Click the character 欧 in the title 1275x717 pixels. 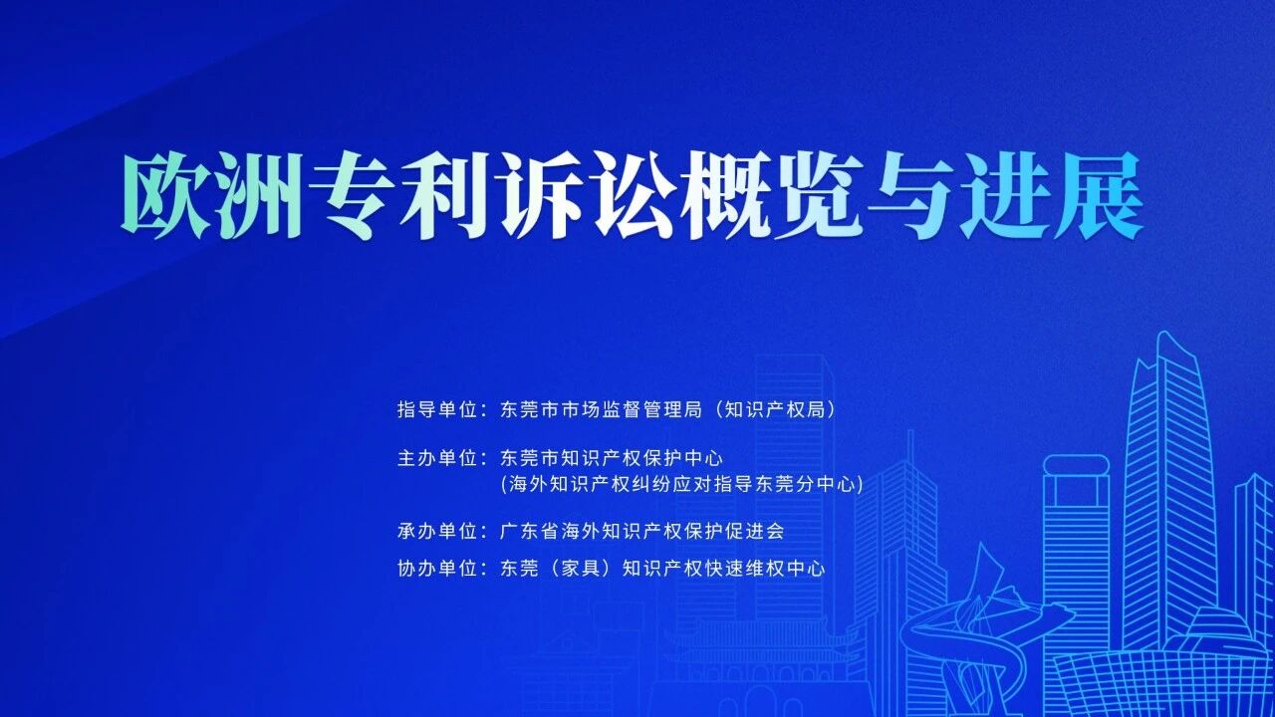(x=165, y=196)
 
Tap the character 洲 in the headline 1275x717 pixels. (x=259, y=196)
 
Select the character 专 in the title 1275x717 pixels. (x=352, y=196)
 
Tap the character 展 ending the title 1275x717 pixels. (x=1098, y=196)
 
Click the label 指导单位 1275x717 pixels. (x=437, y=409)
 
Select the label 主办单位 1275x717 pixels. (x=437, y=459)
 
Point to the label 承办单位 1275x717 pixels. (x=437, y=532)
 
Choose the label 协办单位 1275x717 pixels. (x=437, y=569)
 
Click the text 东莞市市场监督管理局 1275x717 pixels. (x=601, y=409)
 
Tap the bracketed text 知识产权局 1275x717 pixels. (x=775, y=409)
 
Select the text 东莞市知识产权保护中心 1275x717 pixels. (x=612, y=459)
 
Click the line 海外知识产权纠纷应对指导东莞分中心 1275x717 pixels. (x=682, y=484)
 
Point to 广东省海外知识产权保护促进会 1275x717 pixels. (x=642, y=532)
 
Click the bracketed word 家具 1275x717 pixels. (x=581, y=569)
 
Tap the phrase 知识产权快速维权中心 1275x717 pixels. (x=723, y=569)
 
